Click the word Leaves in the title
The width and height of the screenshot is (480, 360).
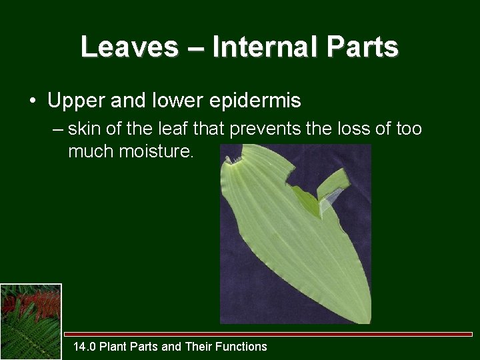pyautogui.click(x=129, y=47)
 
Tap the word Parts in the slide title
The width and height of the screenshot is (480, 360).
pyautogui.click(x=365, y=47)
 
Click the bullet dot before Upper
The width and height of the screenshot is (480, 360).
pyautogui.click(x=32, y=101)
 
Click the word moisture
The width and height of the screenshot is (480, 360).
pyautogui.click(x=156, y=152)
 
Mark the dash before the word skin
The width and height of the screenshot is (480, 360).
pyautogui.click(x=57, y=129)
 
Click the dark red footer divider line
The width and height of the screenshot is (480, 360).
pyautogui.click(x=267, y=334)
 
